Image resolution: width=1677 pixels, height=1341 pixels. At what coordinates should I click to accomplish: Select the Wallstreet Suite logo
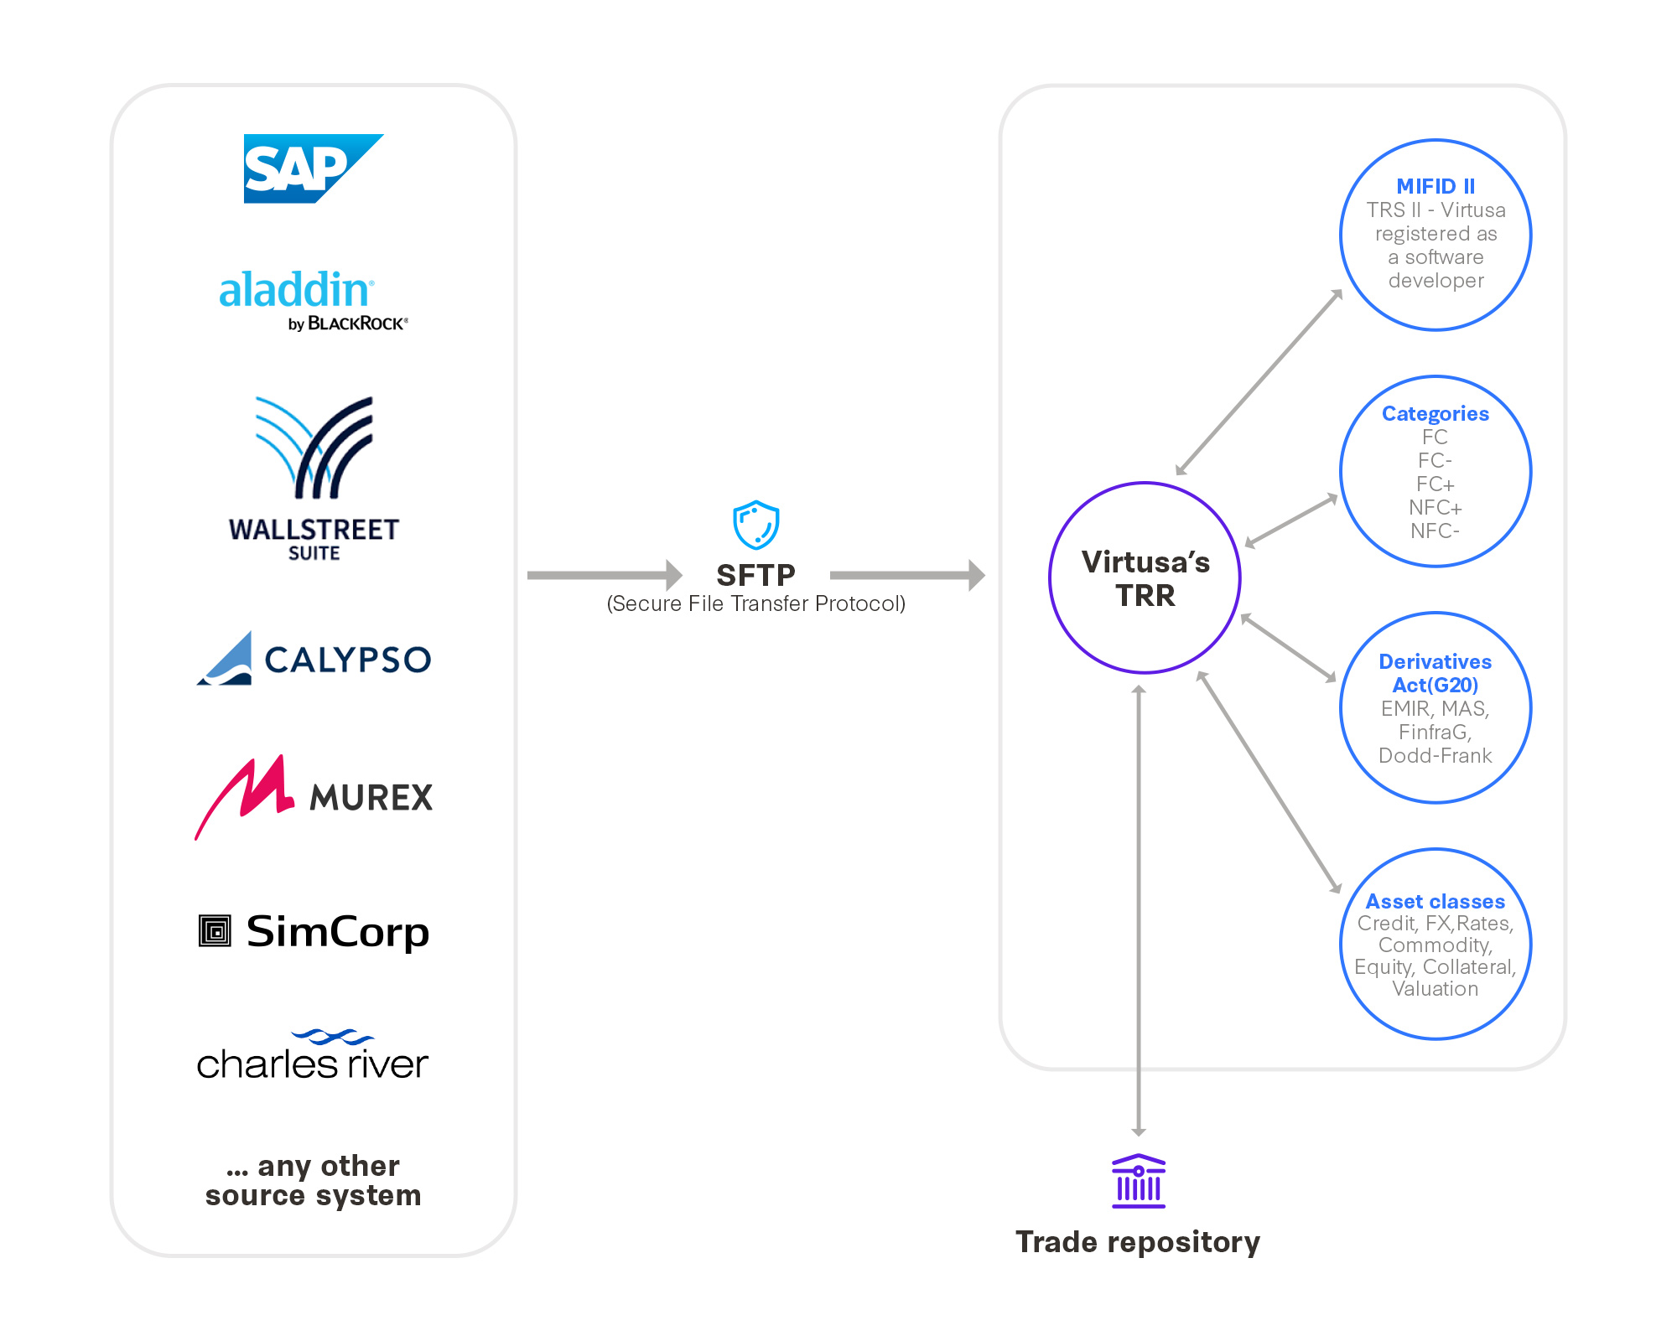pyautogui.click(x=314, y=478)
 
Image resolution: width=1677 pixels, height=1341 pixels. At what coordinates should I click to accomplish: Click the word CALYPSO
pyautogui.click(x=348, y=660)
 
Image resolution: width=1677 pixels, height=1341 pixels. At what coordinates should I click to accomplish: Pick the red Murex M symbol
pyautogui.click(x=245, y=792)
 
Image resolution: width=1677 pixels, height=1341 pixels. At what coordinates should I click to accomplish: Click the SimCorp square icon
pyautogui.click(x=215, y=931)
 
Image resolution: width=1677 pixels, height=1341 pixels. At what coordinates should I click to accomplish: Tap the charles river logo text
pyautogui.click(x=312, y=1063)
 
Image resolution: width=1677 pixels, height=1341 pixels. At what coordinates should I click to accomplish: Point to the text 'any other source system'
pyautogui.click(x=313, y=1180)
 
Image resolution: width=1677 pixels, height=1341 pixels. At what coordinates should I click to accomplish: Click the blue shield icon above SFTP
pyautogui.click(x=755, y=525)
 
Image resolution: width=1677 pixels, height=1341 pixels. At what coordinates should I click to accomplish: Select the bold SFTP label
pyautogui.click(x=755, y=575)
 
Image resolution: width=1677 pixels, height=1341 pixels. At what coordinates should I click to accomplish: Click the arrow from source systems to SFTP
pyautogui.click(x=604, y=575)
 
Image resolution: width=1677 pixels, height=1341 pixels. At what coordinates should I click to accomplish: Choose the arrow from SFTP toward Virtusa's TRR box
pyautogui.click(x=906, y=575)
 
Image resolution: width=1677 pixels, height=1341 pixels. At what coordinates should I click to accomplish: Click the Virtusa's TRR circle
pyautogui.click(x=1145, y=578)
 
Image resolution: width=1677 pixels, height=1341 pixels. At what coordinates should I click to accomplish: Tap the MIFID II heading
pyautogui.click(x=1435, y=186)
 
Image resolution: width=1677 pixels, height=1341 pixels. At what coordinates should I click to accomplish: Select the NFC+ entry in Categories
pyautogui.click(x=1435, y=507)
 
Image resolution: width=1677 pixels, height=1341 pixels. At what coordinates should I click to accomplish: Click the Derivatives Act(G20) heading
pyautogui.click(x=1435, y=673)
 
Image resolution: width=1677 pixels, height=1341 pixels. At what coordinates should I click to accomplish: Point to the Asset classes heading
pyautogui.click(x=1435, y=901)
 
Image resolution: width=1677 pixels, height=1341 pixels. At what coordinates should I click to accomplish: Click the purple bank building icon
pyautogui.click(x=1138, y=1181)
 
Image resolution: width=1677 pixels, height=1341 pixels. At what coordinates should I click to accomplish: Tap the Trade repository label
pyautogui.click(x=1137, y=1241)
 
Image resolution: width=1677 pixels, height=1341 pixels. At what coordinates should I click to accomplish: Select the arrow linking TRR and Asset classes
pyautogui.click(x=1269, y=782)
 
